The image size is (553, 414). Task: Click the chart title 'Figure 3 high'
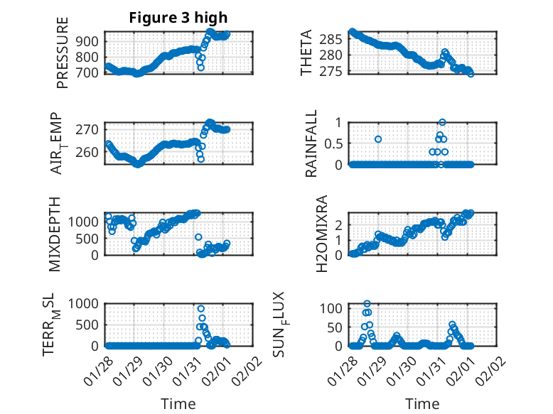pos(178,18)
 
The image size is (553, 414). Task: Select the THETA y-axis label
pos(306,53)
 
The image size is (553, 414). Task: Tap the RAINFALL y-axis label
pos(311,143)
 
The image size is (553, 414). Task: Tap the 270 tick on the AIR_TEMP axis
pos(91,130)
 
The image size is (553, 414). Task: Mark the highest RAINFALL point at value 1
pos(442,122)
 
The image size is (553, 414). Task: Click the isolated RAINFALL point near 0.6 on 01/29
pos(378,139)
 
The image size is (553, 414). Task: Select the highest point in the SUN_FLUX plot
pos(367,304)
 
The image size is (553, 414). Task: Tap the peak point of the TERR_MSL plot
pos(201,309)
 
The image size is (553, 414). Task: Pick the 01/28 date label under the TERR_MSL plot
pos(98,371)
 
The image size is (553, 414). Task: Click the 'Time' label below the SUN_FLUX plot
pos(422,404)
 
